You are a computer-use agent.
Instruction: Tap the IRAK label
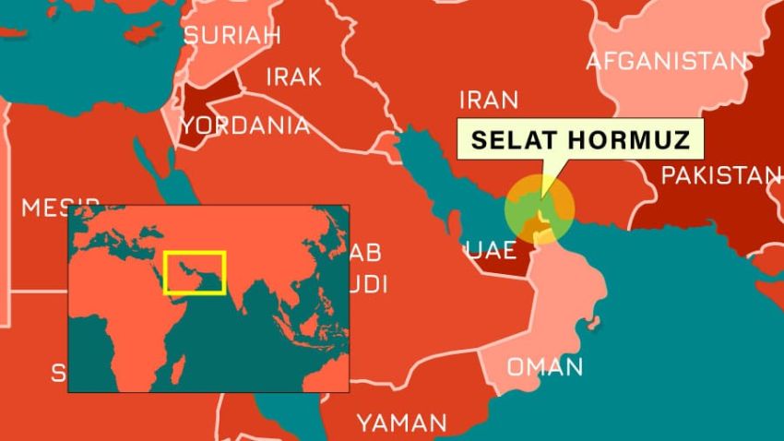(x=293, y=77)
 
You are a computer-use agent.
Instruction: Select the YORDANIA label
(x=245, y=125)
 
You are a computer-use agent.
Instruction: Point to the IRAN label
(x=489, y=100)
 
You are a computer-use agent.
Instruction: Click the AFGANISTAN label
(x=667, y=62)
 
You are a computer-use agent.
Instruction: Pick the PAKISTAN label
(x=720, y=175)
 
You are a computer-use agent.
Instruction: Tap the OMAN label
(x=545, y=366)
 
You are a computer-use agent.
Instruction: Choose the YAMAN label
(x=402, y=423)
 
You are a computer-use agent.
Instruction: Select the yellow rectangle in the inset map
(x=194, y=272)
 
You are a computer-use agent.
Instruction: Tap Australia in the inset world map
(x=327, y=369)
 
